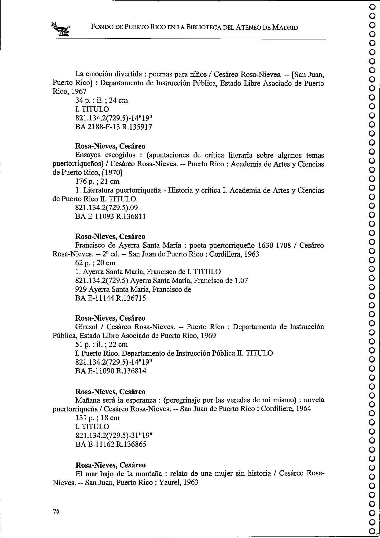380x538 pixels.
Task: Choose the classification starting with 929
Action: pos(133,289)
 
